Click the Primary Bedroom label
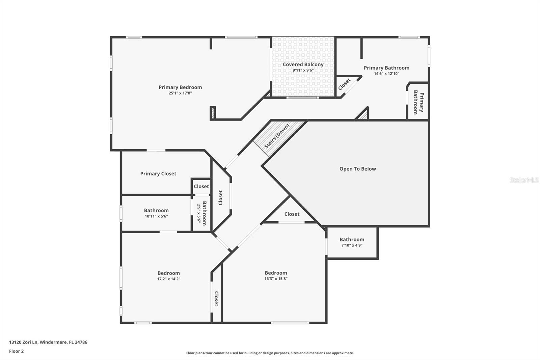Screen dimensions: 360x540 pyautogui.click(x=180, y=87)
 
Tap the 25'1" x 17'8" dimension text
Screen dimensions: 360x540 pyautogui.click(x=180, y=93)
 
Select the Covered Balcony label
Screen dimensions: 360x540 pyautogui.click(x=303, y=65)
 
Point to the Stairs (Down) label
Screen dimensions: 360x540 pyautogui.click(x=277, y=136)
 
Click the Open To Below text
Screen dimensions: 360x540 pyautogui.click(x=357, y=169)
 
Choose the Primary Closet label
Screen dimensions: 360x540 pyautogui.click(x=158, y=174)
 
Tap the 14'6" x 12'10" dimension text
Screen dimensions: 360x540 pyautogui.click(x=386, y=74)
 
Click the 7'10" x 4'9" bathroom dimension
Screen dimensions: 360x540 pyautogui.click(x=352, y=246)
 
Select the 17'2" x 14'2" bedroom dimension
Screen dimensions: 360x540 pyautogui.click(x=169, y=279)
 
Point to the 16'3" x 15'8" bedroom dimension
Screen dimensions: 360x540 pyautogui.click(x=276, y=279)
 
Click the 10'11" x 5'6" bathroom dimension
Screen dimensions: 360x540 pyautogui.click(x=156, y=216)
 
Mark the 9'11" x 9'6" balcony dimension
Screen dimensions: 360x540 pyautogui.click(x=303, y=70)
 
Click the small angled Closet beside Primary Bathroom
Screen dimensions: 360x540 pyautogui.click(x=345, y=84)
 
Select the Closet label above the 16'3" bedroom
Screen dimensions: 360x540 pyautogui.click(x=292, y=214)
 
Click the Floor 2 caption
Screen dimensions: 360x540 pyautogui.click(x=16, y=351)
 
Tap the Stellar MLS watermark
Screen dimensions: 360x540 pyautogui.click(x=524, y=180)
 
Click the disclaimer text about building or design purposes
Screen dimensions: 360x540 pyautogui.click(x=270, y=353)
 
